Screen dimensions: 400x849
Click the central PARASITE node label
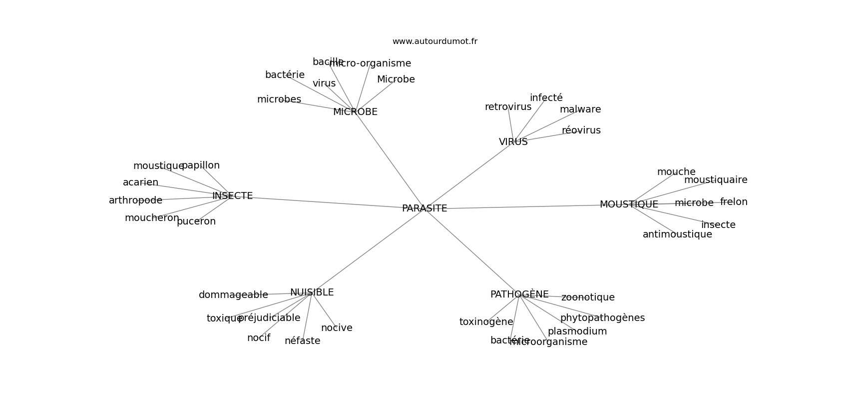[x=424, y=208]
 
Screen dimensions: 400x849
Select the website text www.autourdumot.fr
[x=434, y=41]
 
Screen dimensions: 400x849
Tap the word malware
[x=580, y=109]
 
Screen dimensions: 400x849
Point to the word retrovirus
[x=508, y=107]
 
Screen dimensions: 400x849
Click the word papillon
[x=201, y=165]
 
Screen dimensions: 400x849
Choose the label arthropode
[x=135, y=200]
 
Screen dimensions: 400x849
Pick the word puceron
[x=196, y=221]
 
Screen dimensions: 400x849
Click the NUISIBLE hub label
[x=312, y=292]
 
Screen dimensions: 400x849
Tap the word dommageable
[x=233, y=295]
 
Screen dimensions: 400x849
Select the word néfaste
[x=302, y=341]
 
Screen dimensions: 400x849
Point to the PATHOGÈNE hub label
[x=519, y=294]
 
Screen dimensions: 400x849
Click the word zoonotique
[x=588, y=297]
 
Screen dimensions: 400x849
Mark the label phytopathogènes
[x=602, y=318]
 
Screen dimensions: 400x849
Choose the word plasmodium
[x=577, y=331]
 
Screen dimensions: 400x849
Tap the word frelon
[x=734, y=202]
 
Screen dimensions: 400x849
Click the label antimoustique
[x=677, y=234]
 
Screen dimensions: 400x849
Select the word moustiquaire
[x=716, y=180]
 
